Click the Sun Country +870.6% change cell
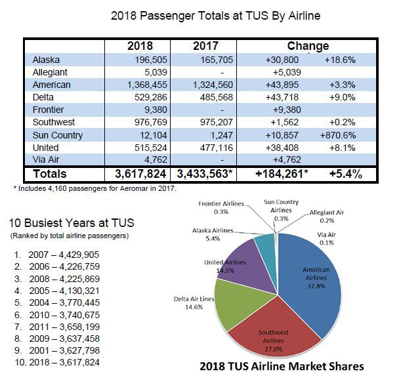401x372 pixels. click(339, 135)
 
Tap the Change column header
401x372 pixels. click(308, 47)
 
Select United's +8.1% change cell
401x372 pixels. click(339, 148)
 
